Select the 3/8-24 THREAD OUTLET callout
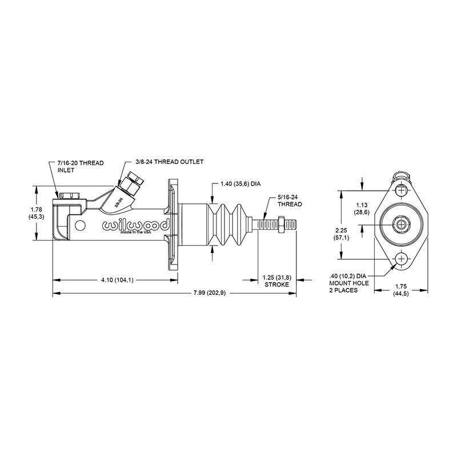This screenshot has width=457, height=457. pyautogui.click(x=170, y=162)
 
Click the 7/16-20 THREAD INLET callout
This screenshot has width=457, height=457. pyautogui.click(x=81, y=166)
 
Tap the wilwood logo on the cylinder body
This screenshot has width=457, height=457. pyautogui.click(x=135, y=226)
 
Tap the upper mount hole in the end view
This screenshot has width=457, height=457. pyautogui.click(x=401, y=191)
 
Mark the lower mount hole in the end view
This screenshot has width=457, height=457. pyautogui.click(x=401, y=259)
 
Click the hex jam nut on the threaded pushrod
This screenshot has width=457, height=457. pyautogui.click(x=281, y=225)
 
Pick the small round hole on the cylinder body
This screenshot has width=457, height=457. pyautogui.click(x=80, y=225)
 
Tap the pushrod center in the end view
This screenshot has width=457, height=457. pyautogui.click(x=401, y=225)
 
